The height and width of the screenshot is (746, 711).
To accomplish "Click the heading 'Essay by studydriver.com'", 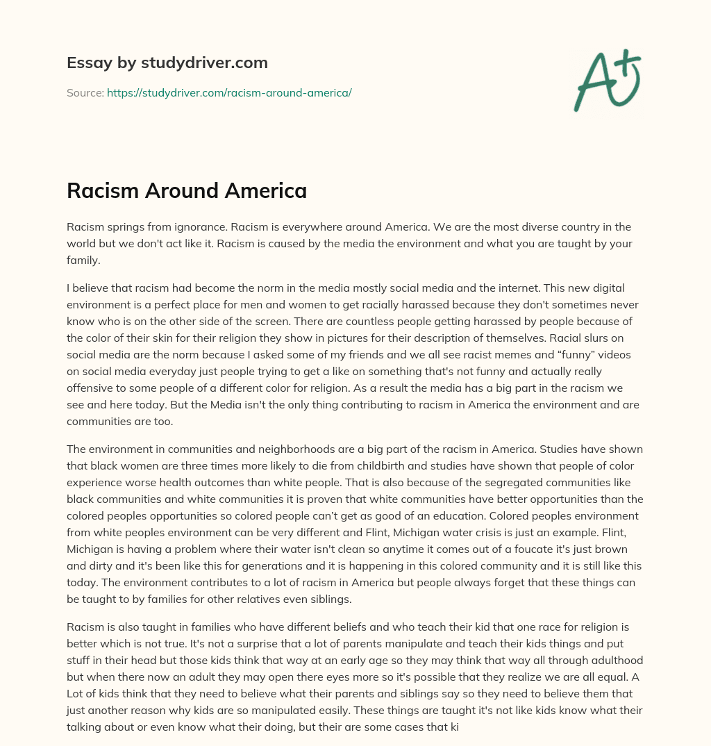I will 167,63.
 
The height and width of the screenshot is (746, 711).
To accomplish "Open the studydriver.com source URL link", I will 229,92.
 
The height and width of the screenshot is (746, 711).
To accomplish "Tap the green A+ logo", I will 607,81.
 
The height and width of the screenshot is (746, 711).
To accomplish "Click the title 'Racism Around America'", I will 187,190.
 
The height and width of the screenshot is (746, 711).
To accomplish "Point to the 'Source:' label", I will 85,92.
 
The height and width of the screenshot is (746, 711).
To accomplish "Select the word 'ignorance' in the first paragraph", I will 199,226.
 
